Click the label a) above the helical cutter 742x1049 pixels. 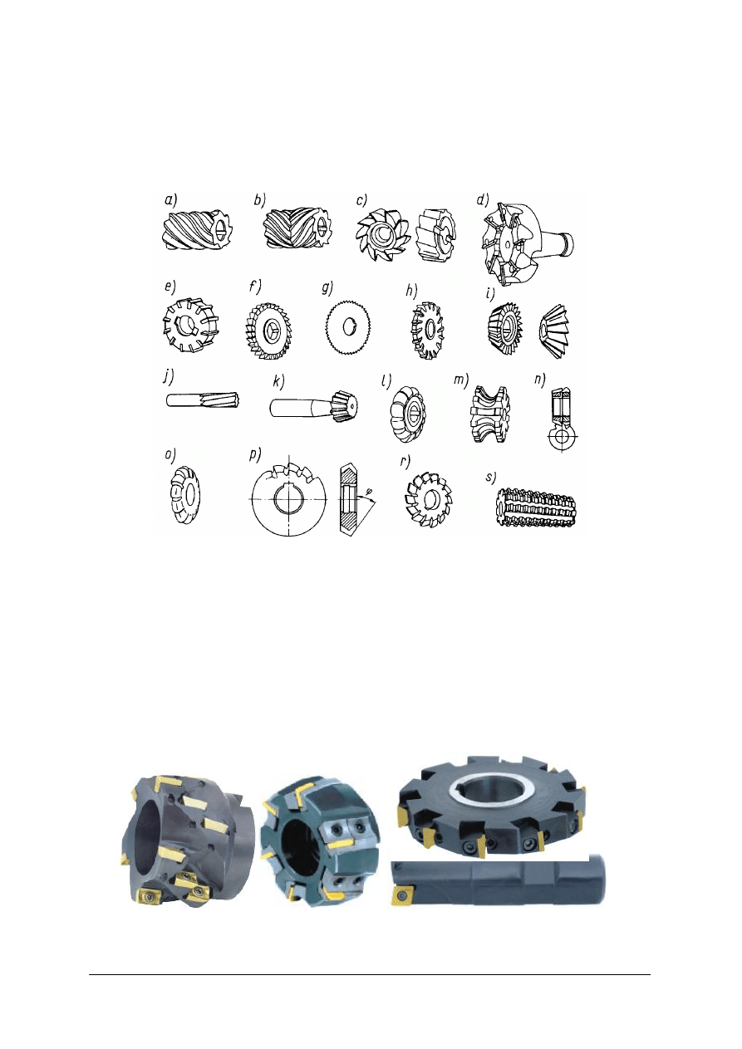(x=169, y=199)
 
